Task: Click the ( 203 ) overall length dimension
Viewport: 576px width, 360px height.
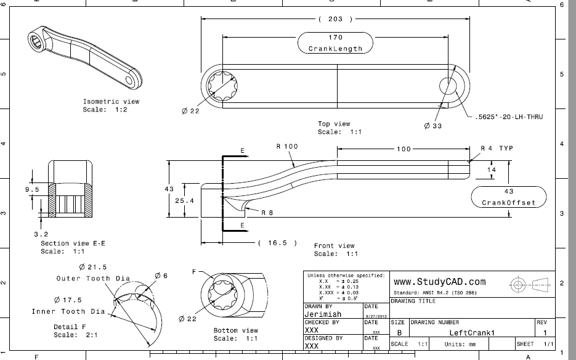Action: (x=336, y=19)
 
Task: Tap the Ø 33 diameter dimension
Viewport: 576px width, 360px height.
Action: (x=434, y=125)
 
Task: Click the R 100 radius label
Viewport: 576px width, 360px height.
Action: (x=286, y=147)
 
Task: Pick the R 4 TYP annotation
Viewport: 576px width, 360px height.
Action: (x=497, y=149)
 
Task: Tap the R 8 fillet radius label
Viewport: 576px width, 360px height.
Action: (x=267, y=213)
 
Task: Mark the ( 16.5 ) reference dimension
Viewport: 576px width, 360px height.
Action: (x=277, y=243)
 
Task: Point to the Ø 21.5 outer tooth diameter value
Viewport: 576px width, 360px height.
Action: (x=93, y=268)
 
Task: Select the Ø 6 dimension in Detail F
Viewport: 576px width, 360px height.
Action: (x=161, y=276)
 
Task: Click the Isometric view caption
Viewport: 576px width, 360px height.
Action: (x=111, y=102)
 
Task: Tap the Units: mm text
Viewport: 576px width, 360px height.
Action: (x=463, y=343)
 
